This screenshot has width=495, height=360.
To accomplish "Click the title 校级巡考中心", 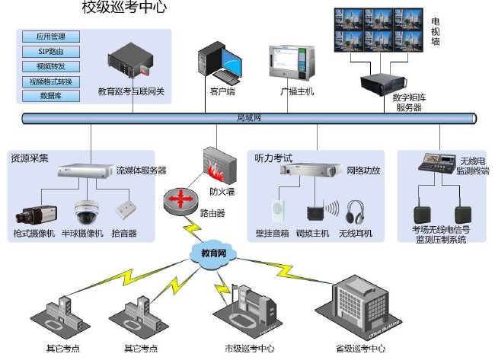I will click(x=124, y=8).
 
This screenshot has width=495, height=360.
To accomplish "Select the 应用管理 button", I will click(x=51, y=37).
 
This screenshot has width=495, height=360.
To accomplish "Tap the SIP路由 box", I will click(x=51, y=51).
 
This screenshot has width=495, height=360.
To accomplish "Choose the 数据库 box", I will click(x=51, y=96).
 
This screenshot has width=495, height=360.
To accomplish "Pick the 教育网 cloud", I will click(x=212, y=253).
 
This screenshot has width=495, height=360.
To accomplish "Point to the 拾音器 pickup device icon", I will click(x=124, y=209).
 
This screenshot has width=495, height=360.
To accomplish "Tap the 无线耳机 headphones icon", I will click(x=355, y=212).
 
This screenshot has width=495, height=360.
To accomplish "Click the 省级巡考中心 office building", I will click(x=361, y=308).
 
